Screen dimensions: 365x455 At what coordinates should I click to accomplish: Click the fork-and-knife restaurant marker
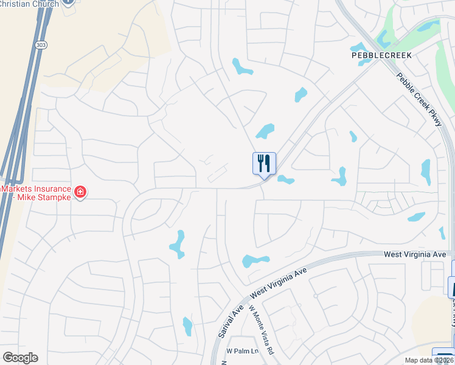tap(264, 164)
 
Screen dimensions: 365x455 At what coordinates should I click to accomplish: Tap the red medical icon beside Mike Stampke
tap(80, 193)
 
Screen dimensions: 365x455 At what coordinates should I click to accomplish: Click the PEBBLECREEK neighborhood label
tap(382, 55)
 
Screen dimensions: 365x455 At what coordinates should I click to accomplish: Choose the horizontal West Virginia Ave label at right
tap(415, 254)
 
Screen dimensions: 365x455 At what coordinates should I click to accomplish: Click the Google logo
tap(20, 358)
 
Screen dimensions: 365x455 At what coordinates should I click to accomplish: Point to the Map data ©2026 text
tap(429, 360)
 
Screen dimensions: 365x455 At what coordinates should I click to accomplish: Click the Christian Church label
tap(29, 4)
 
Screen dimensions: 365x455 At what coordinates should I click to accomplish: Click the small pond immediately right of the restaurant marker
tap(285, 179)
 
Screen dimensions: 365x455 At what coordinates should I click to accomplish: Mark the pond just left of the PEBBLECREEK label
tap(357, 47)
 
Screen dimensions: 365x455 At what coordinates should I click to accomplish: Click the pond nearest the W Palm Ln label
tap(187, 326)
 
